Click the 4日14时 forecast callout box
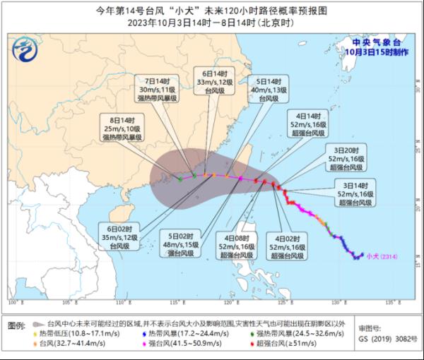pos(307,122)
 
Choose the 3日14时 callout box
pos(351,192)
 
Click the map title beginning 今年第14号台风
pos(212,11)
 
